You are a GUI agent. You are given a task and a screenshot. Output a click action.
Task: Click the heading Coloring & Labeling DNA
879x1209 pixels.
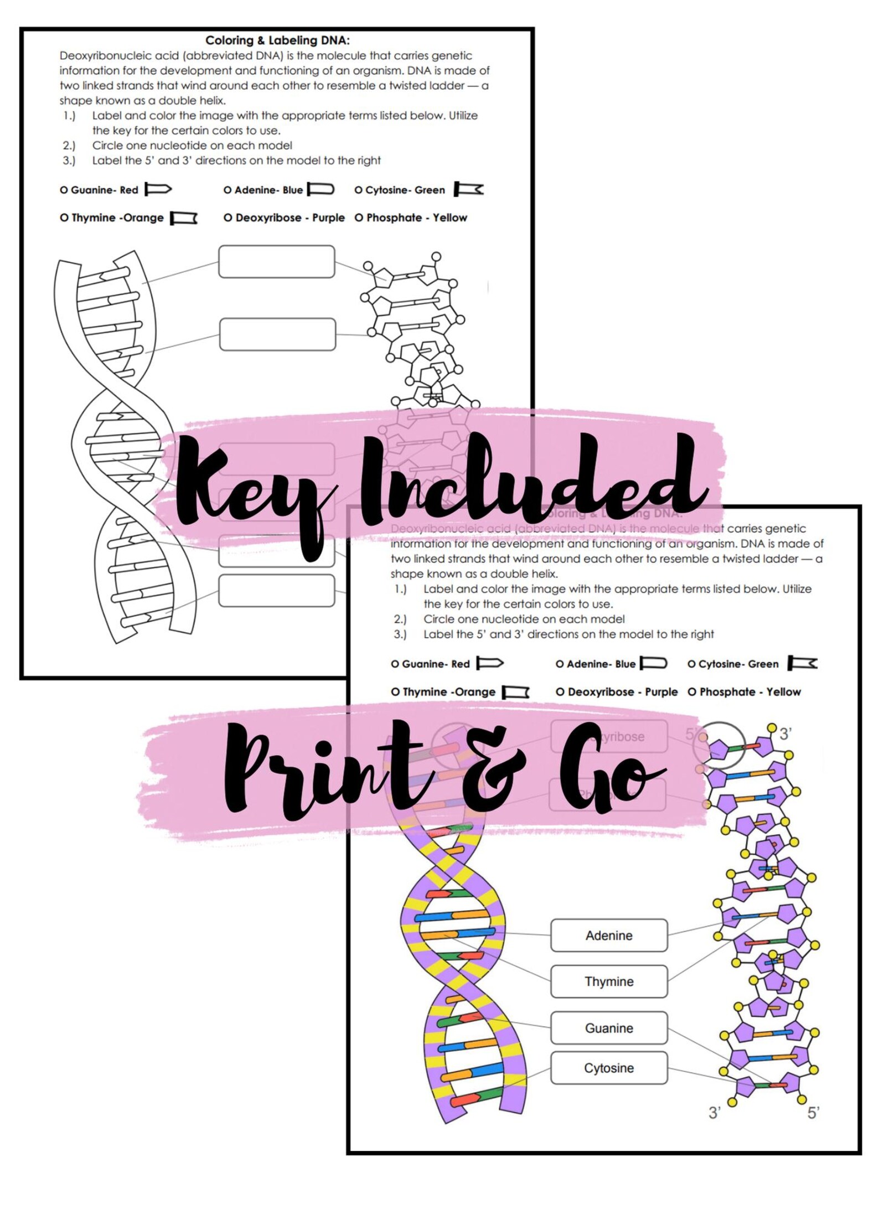[x=277, y=40]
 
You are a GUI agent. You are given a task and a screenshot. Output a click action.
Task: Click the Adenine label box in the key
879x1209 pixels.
[x=609, y=936]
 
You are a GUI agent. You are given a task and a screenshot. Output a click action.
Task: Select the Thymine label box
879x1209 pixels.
[x=609, y=981]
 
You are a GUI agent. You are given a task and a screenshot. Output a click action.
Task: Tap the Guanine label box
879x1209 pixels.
[x=609, y=1028]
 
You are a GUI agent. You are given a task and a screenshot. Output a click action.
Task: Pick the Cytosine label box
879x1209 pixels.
[x=609, y=1068]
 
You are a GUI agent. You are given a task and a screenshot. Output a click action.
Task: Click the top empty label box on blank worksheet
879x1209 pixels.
[x=276, y=261]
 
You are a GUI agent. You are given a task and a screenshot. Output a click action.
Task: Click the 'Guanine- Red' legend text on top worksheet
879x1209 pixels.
[x=100, y=190]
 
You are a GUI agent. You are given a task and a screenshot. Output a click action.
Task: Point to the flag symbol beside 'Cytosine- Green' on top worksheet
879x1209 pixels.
[x=469, y=189]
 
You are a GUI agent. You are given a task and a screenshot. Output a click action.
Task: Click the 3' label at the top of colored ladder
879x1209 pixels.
[x=785, y=734]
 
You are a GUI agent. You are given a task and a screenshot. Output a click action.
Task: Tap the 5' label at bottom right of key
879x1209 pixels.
[x=813, y=1113]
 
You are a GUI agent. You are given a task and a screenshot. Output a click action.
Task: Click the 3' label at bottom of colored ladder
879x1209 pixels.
[x=715, y=1113]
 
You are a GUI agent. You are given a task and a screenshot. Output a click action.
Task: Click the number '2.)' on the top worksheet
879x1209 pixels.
[x=69, y=146]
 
